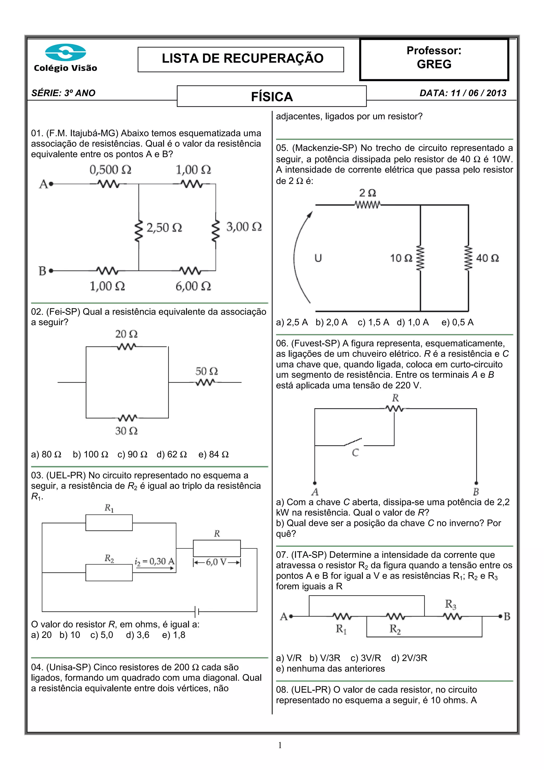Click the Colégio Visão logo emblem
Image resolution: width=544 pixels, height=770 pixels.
65,52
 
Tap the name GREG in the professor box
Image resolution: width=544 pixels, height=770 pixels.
434,64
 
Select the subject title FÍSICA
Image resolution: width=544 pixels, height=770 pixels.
272,97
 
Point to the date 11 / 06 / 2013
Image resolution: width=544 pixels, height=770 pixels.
478,93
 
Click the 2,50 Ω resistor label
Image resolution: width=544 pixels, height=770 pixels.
164,228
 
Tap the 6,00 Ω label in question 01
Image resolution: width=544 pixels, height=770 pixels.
193,286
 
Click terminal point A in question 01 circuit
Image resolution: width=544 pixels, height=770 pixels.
51,184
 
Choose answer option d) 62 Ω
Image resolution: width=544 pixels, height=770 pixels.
172,454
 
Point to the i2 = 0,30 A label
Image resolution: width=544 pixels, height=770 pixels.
155,561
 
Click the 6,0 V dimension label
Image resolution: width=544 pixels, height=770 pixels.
217,562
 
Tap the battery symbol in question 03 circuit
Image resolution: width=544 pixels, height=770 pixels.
197,612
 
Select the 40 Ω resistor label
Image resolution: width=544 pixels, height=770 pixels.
487,258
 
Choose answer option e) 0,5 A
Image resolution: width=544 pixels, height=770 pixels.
457,322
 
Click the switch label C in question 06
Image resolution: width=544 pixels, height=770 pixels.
355,453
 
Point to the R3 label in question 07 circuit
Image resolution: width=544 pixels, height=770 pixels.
450,604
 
